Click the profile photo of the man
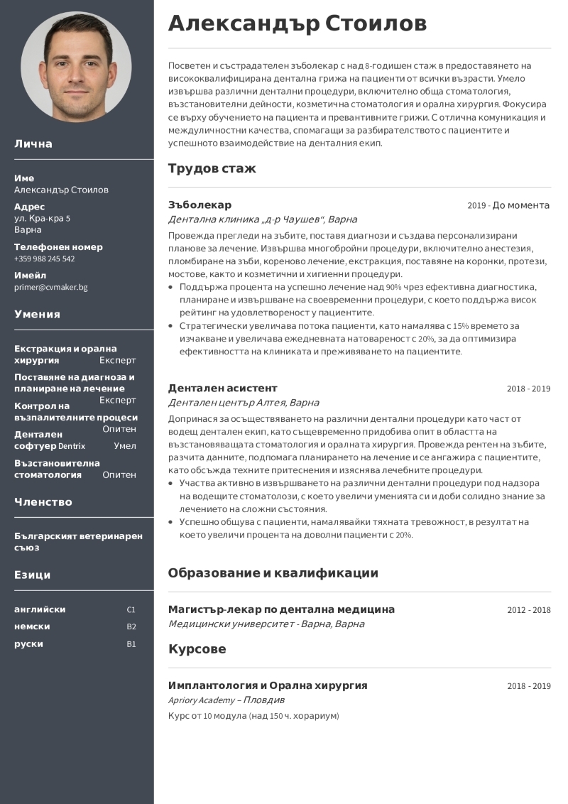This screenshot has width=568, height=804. click(x=76, y=67)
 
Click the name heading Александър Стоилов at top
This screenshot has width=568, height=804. click(x=297, y=23)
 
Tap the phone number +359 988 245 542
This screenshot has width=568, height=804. click(x=44, y=259)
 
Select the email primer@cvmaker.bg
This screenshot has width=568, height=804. click(x=50, y=288)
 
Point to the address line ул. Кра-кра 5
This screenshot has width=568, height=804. click(x=42, y=218)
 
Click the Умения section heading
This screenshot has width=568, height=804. click(x=37, y=314)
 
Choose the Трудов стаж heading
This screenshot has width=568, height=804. click(x=212, y=168)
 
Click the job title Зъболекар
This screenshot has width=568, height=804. click(x=200, y=205)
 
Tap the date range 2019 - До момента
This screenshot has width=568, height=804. click(x=508, y=205)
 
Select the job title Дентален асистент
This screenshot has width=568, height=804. click(x=222, y=388)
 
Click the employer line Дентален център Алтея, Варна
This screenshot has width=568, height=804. click(x=244, y=403)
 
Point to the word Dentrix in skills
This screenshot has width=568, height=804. click(x=72, y=447)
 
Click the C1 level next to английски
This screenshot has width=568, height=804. click(x=131, y=610)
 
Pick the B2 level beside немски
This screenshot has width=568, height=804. click(x=131, y=627)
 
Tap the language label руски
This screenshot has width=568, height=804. click(x=28, y=644)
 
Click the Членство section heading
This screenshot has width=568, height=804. click(x=43, y=501)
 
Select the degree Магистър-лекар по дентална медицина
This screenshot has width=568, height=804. click(x=281, y=609)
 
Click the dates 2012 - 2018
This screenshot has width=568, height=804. click(x=528, y=610)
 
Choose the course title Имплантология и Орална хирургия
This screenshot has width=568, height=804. click(x=268, y=685)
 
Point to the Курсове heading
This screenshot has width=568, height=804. click(x=197, y=649)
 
